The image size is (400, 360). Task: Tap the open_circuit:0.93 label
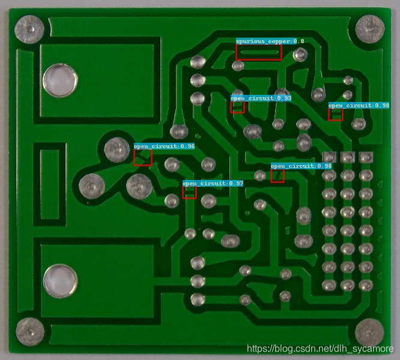pos(261,98)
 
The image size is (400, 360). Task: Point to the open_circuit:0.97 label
pos(213,183)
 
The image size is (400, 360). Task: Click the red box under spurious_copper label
pos(258,52)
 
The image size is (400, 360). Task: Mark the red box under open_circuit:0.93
pos(238,107)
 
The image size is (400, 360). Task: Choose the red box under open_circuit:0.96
pos(143,157)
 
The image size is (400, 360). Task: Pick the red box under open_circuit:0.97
pos(190,193)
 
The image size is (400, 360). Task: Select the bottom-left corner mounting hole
pos(29,331)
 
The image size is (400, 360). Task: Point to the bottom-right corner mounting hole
pos(369,333)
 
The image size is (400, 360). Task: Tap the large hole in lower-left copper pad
pos(60,281)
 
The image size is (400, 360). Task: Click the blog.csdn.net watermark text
pos(321,349)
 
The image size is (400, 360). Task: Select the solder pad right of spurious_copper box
pos(300,55)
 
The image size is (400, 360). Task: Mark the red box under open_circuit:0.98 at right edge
pos(336,114)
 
